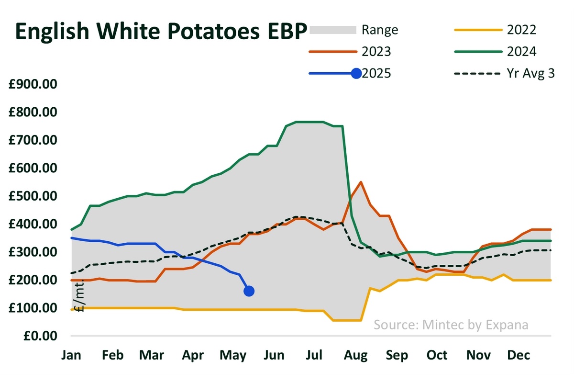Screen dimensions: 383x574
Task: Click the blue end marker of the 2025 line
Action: pyautogui.click(x=249, y=291)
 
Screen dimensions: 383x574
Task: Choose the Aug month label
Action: pyautogui.click(x=356, y=355)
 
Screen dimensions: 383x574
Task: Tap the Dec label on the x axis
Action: pyautogui.click(x=518, y=355)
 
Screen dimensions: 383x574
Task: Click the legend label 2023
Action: pyautogui.click(x=377, y=52)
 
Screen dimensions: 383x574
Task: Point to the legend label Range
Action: pyautogui.click(x=380, y=30)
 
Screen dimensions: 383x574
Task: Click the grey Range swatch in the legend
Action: pyautogui.click(x=333, y=30)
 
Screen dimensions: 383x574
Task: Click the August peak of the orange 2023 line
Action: pyautogui.click(x=360, y=182)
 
